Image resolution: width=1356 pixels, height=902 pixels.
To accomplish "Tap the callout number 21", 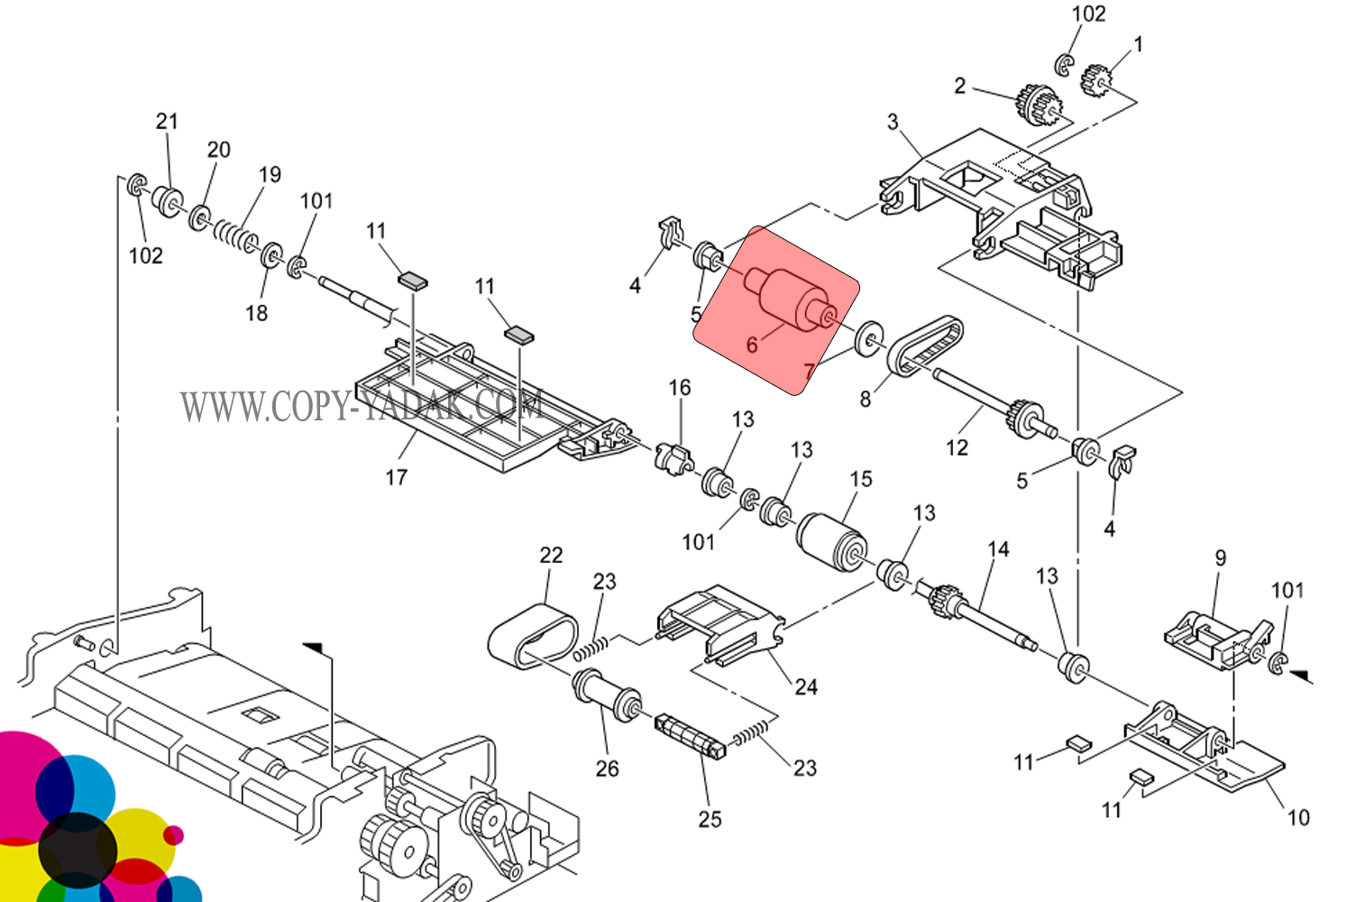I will click(x=168, y=122).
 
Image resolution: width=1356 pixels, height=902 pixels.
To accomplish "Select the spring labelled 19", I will click(x=234, y=235).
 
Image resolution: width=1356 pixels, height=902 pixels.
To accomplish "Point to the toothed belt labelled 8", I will click(x=925, y=346).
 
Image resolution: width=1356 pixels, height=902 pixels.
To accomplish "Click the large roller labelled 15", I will click(x=831, y=540).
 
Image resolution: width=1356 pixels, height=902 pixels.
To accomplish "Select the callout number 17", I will click(x=397, y=477).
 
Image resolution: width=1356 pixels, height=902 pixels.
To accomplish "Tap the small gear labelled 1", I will click(x=1095, y=79).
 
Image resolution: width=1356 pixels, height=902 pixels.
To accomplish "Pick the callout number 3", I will click(x=893, y=122).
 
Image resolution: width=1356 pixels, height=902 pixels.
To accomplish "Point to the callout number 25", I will click(x=710, y=819).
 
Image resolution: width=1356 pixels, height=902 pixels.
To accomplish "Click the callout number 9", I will click(x=1221, y=557).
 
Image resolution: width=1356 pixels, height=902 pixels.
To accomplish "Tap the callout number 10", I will click(x=1298, y=817).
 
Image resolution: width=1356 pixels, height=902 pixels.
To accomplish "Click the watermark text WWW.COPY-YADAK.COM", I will click(x=361, y=405).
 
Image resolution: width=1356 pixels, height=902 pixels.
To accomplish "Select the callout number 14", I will click(x=998, y=549).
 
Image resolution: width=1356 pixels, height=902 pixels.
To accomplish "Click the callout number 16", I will click(x=680, y=388).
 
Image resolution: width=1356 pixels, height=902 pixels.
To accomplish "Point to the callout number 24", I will click(x=806, y=687).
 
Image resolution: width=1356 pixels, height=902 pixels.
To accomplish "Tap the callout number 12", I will click(x=957, y=447).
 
